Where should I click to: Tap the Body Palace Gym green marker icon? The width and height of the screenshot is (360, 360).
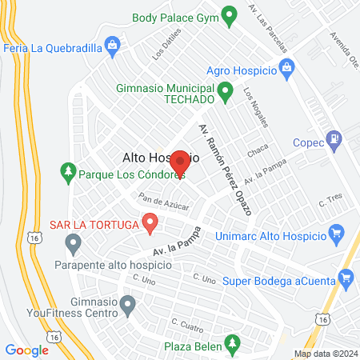[x=229, y=14]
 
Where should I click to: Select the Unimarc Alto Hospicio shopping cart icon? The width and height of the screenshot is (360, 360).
[x=336, y=235]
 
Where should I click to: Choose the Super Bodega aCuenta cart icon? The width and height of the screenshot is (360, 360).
[x=346, y=278]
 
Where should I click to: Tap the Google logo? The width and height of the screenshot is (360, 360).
[x=26, y=350]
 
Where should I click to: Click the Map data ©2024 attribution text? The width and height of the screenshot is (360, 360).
[x=325, y=354]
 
